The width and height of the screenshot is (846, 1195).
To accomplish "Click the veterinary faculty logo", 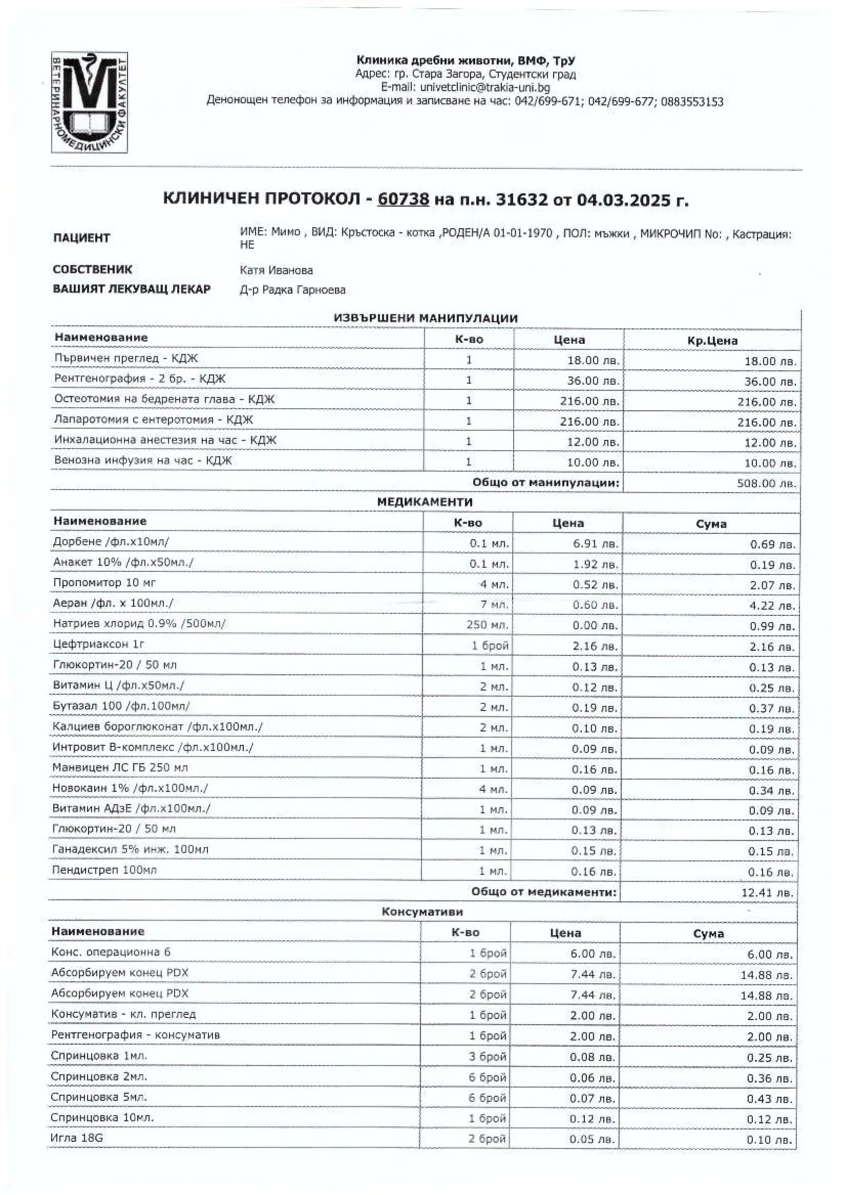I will [89, 102].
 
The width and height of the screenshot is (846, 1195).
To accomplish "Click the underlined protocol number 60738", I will [403, 199].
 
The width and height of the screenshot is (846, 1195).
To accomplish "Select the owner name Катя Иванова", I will [276, 270].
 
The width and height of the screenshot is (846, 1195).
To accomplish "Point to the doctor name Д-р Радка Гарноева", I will [292, 290].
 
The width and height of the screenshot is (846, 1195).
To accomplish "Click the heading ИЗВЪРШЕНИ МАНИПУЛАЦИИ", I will [426, 318].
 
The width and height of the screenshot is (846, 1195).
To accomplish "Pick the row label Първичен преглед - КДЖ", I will [126, 358].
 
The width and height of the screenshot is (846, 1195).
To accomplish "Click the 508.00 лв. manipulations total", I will [767, 483].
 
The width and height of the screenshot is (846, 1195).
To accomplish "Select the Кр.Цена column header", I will [712, 341].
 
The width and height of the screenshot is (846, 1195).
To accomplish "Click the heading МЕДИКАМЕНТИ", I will [425, 502].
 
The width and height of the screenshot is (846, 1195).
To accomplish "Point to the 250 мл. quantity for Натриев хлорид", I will [488, 624].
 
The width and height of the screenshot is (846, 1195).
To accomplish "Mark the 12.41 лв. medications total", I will [768, 893].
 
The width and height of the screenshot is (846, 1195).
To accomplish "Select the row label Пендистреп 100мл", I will [104, 870].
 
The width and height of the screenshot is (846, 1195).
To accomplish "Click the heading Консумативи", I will [422, 912].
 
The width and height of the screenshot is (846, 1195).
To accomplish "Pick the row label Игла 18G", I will [76, 1138].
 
